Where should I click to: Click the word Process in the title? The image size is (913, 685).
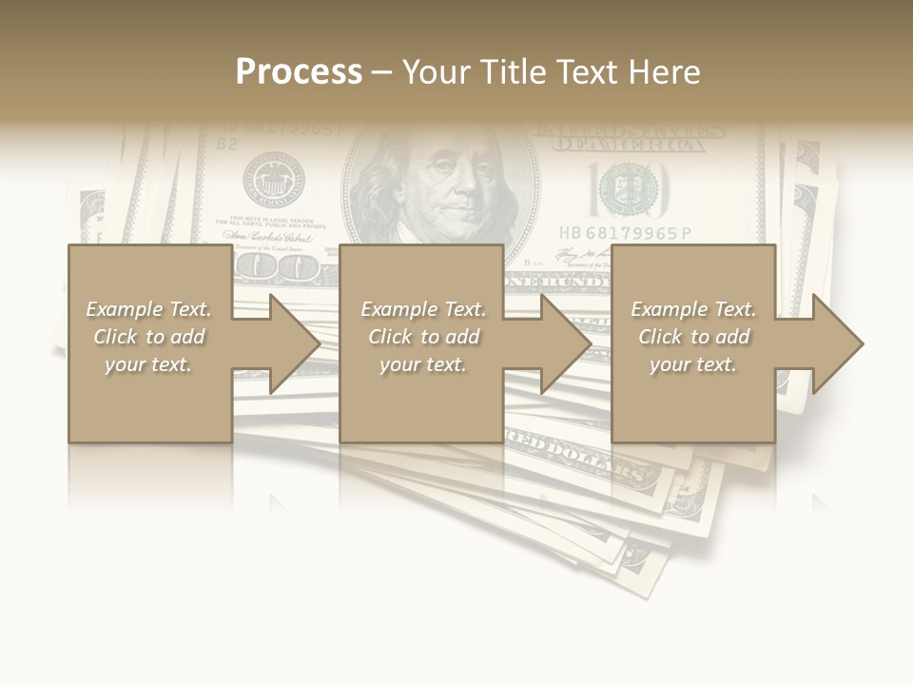tap(299, 72)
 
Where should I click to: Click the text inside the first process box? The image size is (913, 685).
tap(148, 337)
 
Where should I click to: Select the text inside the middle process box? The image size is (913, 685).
tap(422, 337)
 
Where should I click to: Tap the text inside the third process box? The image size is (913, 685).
tap(693, 337)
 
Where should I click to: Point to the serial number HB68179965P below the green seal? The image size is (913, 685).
tap(625, 233)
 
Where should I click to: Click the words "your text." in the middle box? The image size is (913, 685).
tap(422, 364)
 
